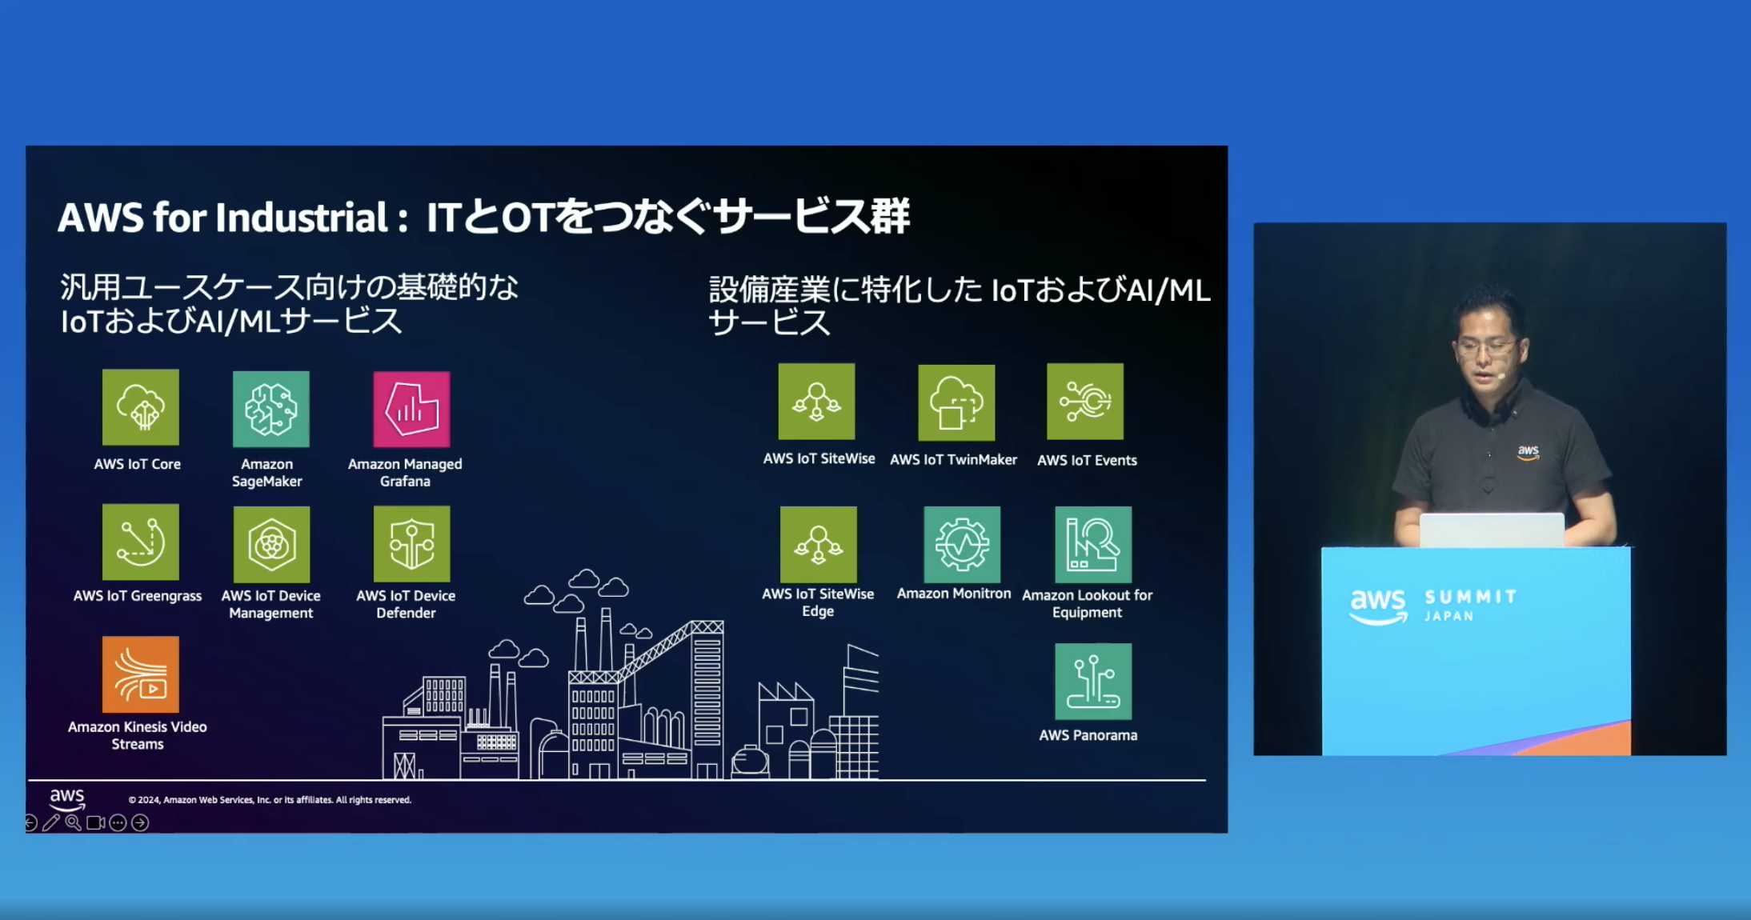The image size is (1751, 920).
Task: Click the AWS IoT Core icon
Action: tap(141, 407)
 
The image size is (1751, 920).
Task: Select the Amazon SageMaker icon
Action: tap(271, 409)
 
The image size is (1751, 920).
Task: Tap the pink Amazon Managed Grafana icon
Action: tap(411, 409)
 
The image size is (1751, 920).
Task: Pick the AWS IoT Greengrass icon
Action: tap(141, 542)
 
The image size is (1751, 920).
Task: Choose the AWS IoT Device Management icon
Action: tap(271, 544)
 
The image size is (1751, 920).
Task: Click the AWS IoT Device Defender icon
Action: tap(411, 544)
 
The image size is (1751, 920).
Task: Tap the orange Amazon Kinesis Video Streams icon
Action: tap(141, 674)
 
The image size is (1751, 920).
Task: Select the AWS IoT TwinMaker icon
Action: tap(956, 402)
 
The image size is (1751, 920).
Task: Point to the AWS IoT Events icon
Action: tap(1085, 402)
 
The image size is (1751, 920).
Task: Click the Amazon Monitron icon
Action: tap(962, 544)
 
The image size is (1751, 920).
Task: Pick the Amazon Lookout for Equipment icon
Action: tap(1093, 544)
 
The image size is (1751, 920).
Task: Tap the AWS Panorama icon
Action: tap(1093, 682)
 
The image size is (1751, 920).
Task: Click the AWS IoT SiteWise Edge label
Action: tap(818, 602)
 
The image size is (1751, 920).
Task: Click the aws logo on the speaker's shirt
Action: tap(1529, 453)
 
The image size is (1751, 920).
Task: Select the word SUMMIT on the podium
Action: tap(1471, 597)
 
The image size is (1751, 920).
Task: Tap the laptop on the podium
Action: tap(1492, 530)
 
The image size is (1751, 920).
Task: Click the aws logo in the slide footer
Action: tap(67, 798)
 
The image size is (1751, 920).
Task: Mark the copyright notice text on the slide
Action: tap(270, 800)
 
